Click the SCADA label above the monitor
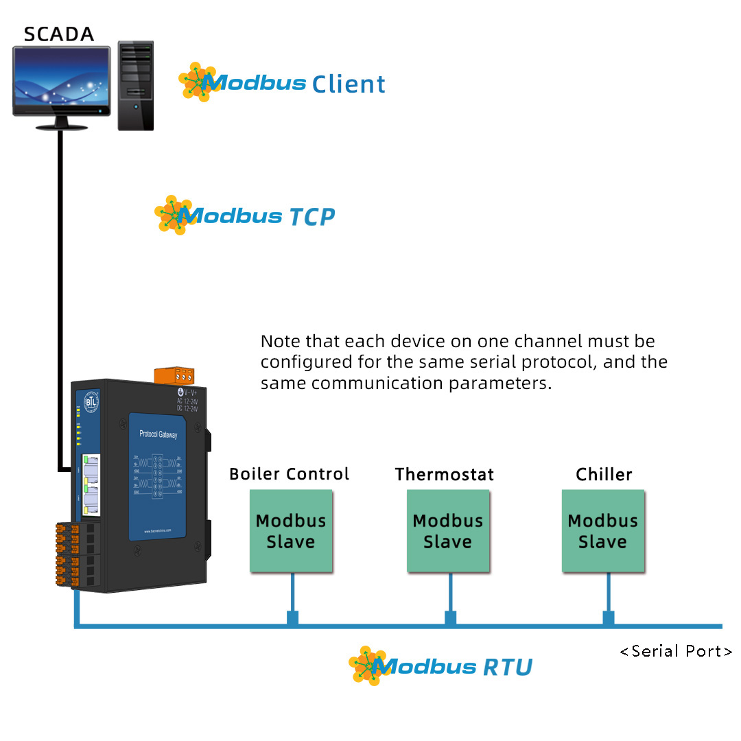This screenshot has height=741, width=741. coord(58,34)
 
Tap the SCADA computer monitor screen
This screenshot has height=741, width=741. coord(62,81)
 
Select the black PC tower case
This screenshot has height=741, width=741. coord(135,85)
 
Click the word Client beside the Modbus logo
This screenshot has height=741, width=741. coord(349,84)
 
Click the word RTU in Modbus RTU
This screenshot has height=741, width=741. coord(508,667)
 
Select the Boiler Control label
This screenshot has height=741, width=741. coord(289,474)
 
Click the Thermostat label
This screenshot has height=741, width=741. coord(444,474)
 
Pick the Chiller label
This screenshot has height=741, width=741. coord(604,474)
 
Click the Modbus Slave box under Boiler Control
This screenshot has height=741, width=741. coord(291,531)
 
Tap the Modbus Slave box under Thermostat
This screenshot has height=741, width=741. coord(448,531)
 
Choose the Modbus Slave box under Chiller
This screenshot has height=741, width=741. coord(603,531)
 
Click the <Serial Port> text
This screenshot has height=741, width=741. coord(676,651)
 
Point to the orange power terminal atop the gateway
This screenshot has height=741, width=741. coord(174,376)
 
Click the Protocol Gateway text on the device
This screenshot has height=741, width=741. coord(158,434)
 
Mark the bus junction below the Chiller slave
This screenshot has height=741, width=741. coord(608,618)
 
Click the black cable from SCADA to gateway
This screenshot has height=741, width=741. coord(60,295)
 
